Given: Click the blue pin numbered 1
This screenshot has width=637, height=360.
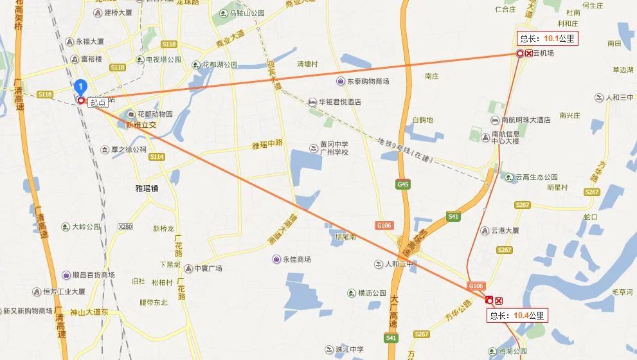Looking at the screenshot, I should tap(80, 86).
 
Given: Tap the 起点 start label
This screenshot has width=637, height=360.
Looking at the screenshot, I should tap(98, 102).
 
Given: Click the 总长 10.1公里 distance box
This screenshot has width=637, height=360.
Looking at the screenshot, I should tap(547, 39).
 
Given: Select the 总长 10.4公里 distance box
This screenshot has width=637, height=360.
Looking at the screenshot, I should tap(517, 316).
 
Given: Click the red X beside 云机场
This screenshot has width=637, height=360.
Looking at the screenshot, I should tap(529, 53).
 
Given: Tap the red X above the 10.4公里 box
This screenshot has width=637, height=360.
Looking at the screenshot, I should tap(499, 300).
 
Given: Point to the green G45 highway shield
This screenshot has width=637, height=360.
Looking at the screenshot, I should tap(403, 184).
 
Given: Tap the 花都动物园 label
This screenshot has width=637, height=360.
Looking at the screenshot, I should tap(155, 114).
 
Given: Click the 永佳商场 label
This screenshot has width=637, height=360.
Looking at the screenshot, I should tap(295, 259).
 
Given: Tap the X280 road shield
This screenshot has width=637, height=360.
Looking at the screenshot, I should tap(125, 227).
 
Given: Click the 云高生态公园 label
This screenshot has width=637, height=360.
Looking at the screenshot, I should tap(536, 177).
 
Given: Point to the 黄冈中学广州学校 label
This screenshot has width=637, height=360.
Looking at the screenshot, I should tap(334, 148).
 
